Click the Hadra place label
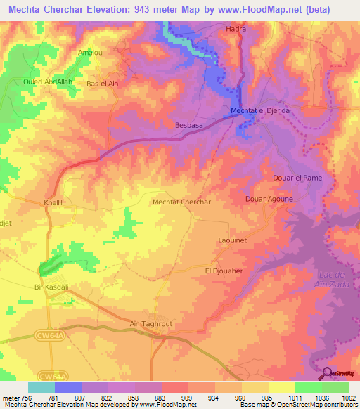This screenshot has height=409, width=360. click(235, 29)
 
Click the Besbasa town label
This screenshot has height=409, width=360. click(188, 126)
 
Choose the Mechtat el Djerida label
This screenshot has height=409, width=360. click(260, 111)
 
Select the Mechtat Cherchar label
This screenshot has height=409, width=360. click(182, 202)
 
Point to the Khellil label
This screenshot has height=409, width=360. click(53, 202)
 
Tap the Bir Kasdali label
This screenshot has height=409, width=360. click(51, 287)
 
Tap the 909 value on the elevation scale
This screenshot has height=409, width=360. click(176, 398)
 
